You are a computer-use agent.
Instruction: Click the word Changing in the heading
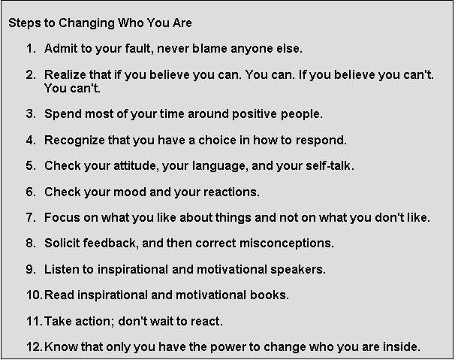[86, 23]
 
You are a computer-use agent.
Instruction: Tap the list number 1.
[31, 49]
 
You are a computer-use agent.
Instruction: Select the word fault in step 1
[140, 49]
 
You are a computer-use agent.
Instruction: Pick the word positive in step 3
[255, 114]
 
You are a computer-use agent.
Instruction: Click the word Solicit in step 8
[62, 244]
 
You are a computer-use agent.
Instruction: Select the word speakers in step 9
[298, 270]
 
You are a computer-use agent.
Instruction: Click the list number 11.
[35, 322]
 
